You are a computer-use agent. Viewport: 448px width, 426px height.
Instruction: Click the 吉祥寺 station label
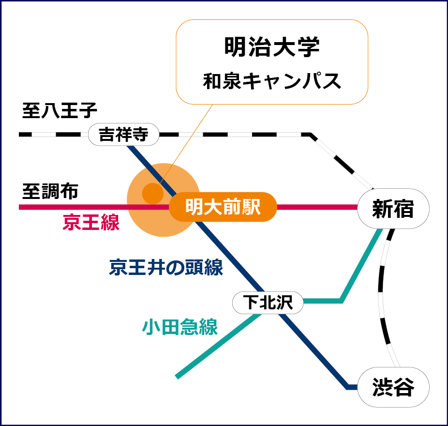pos(123,135)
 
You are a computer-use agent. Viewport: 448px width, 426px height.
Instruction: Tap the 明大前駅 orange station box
pos(223,207)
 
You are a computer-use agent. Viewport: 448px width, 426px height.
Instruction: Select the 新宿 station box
pos(393,209)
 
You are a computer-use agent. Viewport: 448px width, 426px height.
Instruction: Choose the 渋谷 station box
pos(393,387)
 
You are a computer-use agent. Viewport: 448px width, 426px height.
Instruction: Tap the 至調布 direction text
pos(50,192)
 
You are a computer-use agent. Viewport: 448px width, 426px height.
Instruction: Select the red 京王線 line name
pos(91,223)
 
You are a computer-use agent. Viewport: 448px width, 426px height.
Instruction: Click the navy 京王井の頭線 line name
pos(166,267)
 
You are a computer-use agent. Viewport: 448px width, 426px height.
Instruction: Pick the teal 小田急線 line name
pos(180,327)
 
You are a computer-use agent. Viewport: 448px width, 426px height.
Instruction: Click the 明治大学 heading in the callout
pos(272,48)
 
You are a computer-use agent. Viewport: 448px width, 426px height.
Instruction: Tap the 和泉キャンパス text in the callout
pos(272,81)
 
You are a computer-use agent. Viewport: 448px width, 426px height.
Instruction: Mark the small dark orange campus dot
pos(152,193)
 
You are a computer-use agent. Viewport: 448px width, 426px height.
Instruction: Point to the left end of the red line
pos(21,207)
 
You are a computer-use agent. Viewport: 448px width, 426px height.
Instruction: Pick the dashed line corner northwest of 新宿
pos(311,134)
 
